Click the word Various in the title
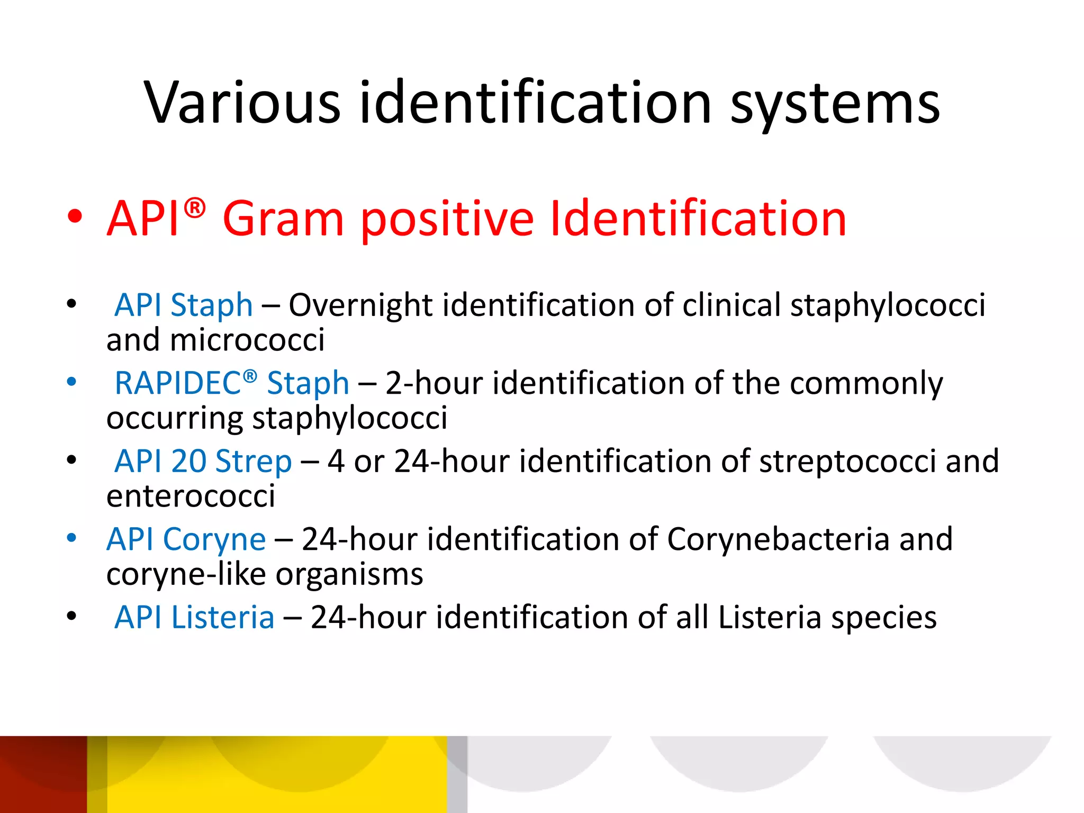[242, 103]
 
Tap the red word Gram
[283, 219]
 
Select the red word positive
[447, 220]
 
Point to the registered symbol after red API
[195, 208]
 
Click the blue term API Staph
[184, 306]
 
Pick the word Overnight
[360, 306]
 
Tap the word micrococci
[247, 340]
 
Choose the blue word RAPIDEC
[178, 383]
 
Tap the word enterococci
[191, 496]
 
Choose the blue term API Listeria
[194, 618]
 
